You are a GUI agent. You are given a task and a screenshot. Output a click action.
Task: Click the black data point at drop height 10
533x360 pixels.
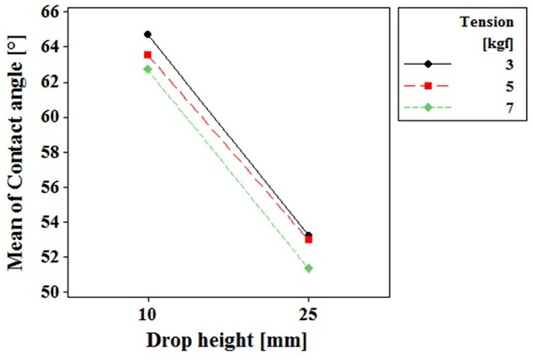click(147, 35)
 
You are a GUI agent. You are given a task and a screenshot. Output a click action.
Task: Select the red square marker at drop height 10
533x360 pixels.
click(147, 55)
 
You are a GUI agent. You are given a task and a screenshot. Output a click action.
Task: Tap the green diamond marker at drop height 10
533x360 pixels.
click(147, 68)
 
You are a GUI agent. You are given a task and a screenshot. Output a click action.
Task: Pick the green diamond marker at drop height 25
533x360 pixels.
click(308, 268)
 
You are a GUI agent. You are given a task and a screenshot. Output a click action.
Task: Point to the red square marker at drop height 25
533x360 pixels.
click(308, 239)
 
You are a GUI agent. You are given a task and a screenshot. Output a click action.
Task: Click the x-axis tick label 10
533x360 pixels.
click(147, 316)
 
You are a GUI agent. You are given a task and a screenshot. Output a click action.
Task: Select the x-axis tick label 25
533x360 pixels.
click(308, 316)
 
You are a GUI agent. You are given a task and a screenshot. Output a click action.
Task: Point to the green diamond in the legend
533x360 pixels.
click(428, 107)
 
